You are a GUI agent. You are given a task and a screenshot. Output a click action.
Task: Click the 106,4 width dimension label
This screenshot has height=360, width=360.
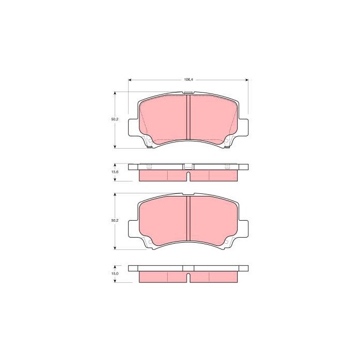click(x=188, y=80)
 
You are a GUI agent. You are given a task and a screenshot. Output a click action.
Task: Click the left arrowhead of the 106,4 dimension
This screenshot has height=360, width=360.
click(x=130, y=80)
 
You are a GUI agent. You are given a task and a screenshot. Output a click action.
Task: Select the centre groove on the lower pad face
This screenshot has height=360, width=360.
click(x=188, y=219)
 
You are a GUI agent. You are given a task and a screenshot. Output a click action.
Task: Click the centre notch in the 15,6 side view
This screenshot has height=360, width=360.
click(x=188, y=176)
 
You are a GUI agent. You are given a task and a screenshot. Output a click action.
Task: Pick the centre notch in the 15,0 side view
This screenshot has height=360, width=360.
click(x=188, y=278)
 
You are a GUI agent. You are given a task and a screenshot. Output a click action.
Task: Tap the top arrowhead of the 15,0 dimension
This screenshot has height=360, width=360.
click(x=115, y=267)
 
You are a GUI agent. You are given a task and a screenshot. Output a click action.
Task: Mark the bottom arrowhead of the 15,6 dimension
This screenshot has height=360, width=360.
click(x=115, y=181)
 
